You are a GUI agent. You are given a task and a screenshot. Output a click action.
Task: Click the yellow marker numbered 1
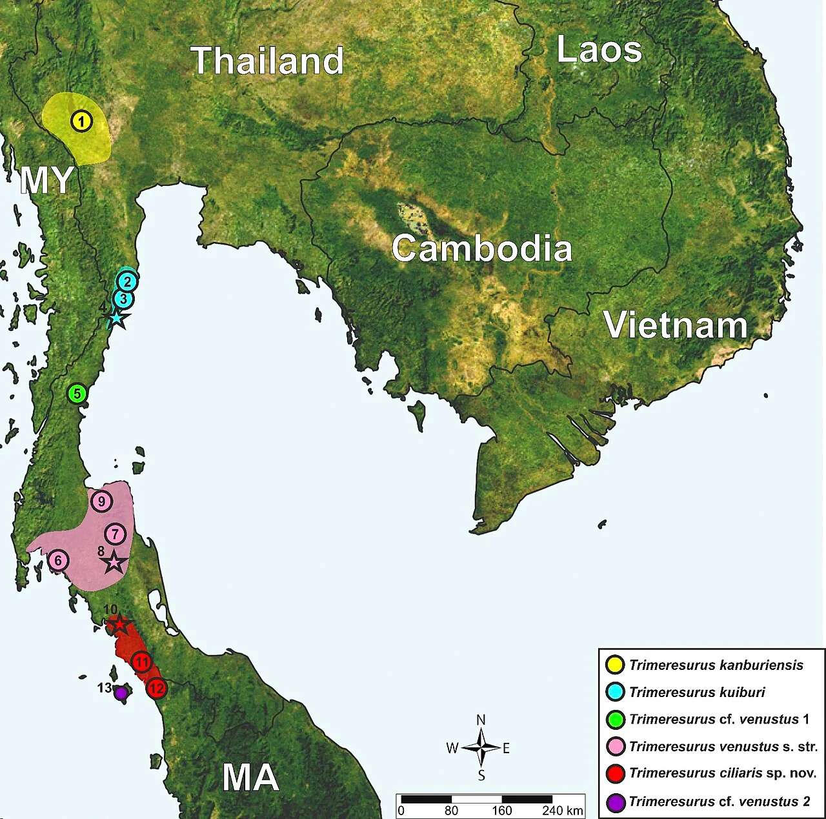click(x=81, y=121)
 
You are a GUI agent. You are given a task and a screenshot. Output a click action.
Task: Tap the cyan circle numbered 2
click(x=127, y=281)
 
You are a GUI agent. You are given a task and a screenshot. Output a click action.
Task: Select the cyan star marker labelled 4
click(x=116, y=318)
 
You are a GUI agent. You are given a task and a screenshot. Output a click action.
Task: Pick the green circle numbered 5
click(x=77, y=393)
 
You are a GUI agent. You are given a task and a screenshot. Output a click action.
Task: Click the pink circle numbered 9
click(x=101, y=501)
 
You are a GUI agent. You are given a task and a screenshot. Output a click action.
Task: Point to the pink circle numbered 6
click(x=58, y=561)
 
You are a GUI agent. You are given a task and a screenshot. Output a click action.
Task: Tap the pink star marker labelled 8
click(x=114, y=562)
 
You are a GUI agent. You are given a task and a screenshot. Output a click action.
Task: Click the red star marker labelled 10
click(x=119, y=625)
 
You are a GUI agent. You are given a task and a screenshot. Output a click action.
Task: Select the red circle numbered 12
click(x=157, y=689)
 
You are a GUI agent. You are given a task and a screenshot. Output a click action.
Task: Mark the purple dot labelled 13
click(x=121, y=693)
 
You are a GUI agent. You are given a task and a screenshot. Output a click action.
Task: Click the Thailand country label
click(x=267, y=61)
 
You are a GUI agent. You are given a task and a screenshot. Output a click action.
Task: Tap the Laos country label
click(x=599, y=50)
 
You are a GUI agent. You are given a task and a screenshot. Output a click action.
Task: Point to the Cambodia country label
click(x=481, y=249)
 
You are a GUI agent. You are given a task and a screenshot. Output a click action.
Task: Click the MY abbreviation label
click(x=46, y=180)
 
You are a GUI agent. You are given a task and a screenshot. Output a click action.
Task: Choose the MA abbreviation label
click(x=250, y=777)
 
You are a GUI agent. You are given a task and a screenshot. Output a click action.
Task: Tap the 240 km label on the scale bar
click(x=563, y=811)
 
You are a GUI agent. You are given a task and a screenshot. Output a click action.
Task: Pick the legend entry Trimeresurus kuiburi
click(x=697, y=693)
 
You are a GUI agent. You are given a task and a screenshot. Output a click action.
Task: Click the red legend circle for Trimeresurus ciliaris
click(x=616, y=773)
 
